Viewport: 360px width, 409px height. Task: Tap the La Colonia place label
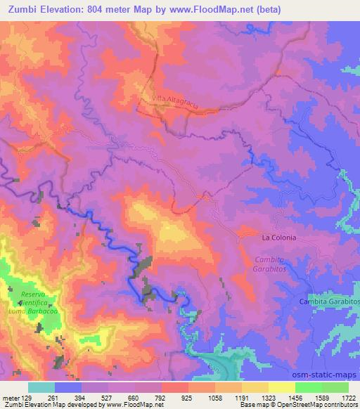coord(278,238)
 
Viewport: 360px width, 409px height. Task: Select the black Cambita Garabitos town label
coord(329,301)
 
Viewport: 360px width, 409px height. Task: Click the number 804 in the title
coord(99,9)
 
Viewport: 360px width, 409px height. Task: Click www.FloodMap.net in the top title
coord(217,9)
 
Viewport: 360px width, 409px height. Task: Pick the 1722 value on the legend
coord(349,397)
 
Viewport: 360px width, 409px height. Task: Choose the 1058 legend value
coord(215,397)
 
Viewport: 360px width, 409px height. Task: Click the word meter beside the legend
coord(10,397)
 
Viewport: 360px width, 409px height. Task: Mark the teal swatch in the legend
coord(41,387)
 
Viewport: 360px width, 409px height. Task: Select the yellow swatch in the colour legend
coord(282,387)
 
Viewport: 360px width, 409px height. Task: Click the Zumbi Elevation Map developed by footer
coord(53,405)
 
